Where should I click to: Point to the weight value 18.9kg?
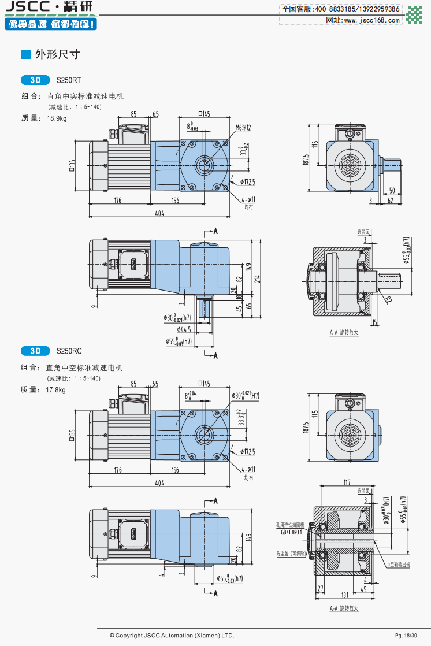(57, 118)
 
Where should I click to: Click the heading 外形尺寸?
(57, 54)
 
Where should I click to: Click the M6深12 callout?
(243, 127)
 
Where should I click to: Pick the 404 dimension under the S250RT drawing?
(159, 213)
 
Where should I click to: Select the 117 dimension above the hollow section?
(347, 481)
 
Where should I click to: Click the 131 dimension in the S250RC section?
(344, 595)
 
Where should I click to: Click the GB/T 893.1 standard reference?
(292, 532)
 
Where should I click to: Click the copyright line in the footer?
(172, 636)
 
